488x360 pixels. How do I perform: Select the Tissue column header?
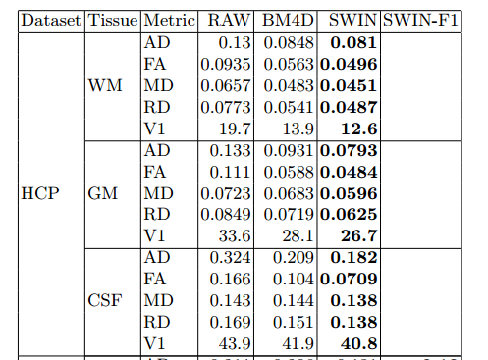pos(113,20)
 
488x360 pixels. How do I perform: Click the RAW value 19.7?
pos(238,128)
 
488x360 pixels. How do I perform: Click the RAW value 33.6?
pos(238,235)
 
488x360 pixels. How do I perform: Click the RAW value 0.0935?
pos(228,64)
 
